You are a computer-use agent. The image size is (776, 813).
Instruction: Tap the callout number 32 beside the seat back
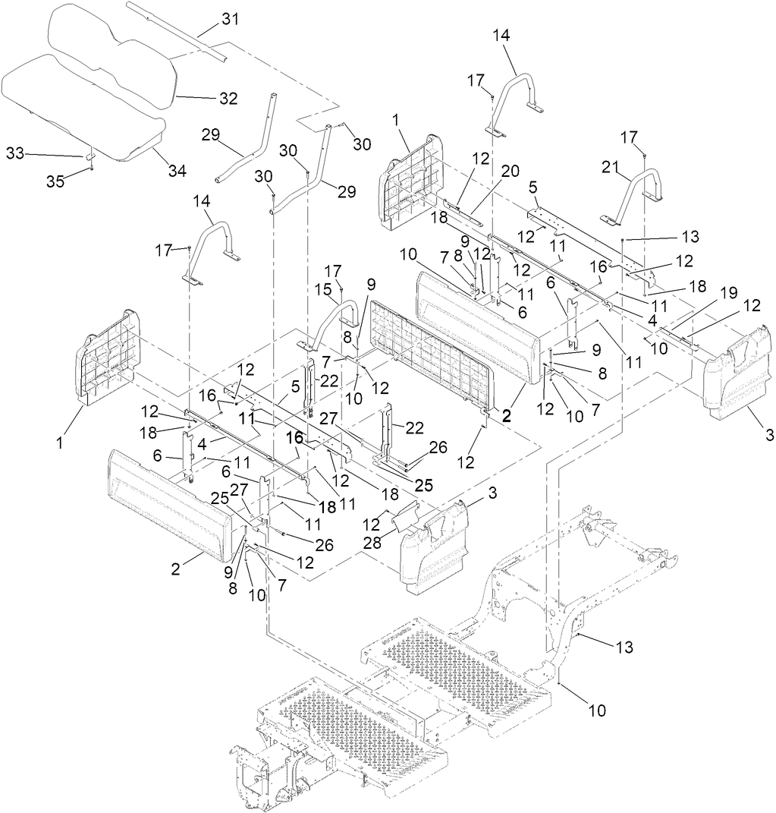tap(228, 99)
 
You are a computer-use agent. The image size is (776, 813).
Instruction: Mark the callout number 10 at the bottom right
tap(597, 711)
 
